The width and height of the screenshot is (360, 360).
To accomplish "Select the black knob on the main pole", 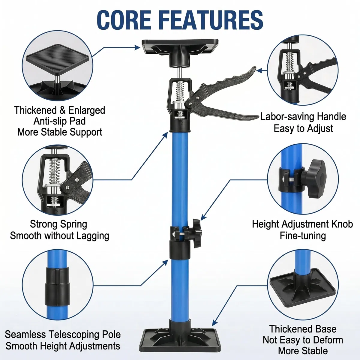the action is (x=196, y=233).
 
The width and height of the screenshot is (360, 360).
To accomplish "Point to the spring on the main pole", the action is (x=180, y=91).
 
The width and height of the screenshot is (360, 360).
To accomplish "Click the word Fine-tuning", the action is (x=303, y=236).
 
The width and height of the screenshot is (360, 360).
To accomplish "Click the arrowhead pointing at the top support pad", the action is (x=137, y=47).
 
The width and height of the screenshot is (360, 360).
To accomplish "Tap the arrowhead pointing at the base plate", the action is (x=215, y=323).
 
